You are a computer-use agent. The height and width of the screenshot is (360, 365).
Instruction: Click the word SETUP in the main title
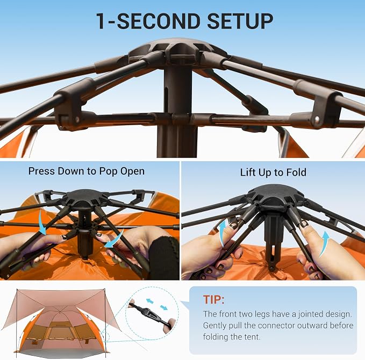click(240, 21)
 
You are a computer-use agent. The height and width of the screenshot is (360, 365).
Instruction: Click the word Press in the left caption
click(41, 171)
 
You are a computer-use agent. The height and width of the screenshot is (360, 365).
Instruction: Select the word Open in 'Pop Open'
click(132, 171)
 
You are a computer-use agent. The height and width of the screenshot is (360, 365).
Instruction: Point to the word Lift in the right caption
click(247, 172)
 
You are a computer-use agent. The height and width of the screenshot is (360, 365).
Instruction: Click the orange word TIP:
click(214, 299)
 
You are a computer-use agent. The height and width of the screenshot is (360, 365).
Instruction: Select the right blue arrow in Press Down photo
click(116, 240)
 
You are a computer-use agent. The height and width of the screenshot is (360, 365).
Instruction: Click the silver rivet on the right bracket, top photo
click(317, 120)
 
